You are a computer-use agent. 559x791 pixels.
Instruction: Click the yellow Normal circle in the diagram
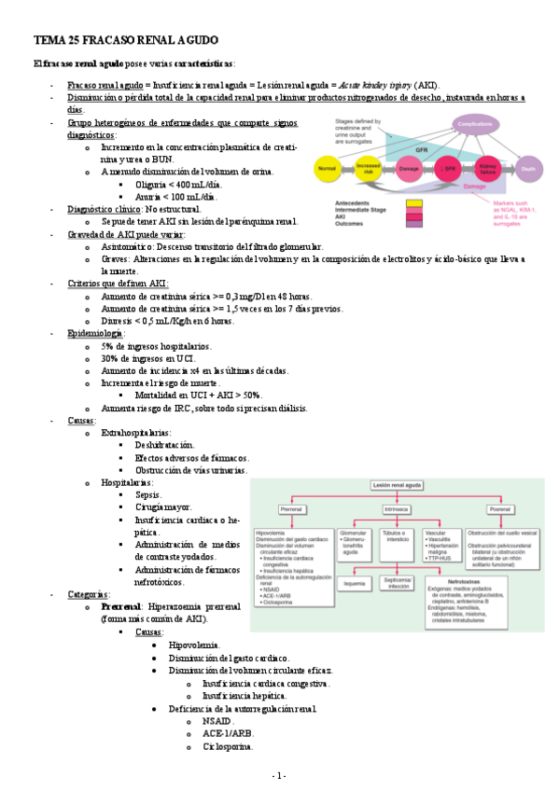tap(327, 170)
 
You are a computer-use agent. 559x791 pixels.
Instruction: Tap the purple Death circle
tap(528, 170)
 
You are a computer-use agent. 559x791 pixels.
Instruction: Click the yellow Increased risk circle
tap(368, 170)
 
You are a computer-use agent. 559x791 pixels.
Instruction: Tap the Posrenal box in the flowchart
tap(499, 509)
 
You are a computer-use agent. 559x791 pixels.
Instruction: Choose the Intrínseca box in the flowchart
tap(396, 509)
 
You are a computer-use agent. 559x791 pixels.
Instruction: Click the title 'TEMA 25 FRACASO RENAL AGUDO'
tap(125, 42)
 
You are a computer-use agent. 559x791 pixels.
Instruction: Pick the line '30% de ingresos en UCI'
tap(147, 358)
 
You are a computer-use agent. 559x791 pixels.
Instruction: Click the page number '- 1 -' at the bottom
tap(279, 776)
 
